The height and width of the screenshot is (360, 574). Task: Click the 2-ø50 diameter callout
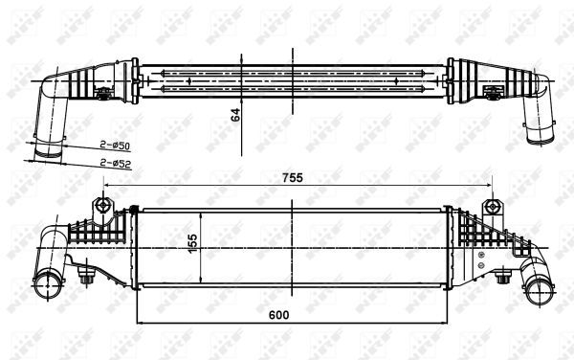(115, 145)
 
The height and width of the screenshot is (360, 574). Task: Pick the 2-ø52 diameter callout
(115, 163)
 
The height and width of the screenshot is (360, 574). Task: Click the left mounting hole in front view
(101, 206)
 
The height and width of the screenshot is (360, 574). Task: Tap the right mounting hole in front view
(492, 206)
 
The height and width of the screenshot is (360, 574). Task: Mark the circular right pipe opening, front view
(544, 286)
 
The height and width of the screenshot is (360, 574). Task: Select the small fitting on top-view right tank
(495, 93)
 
